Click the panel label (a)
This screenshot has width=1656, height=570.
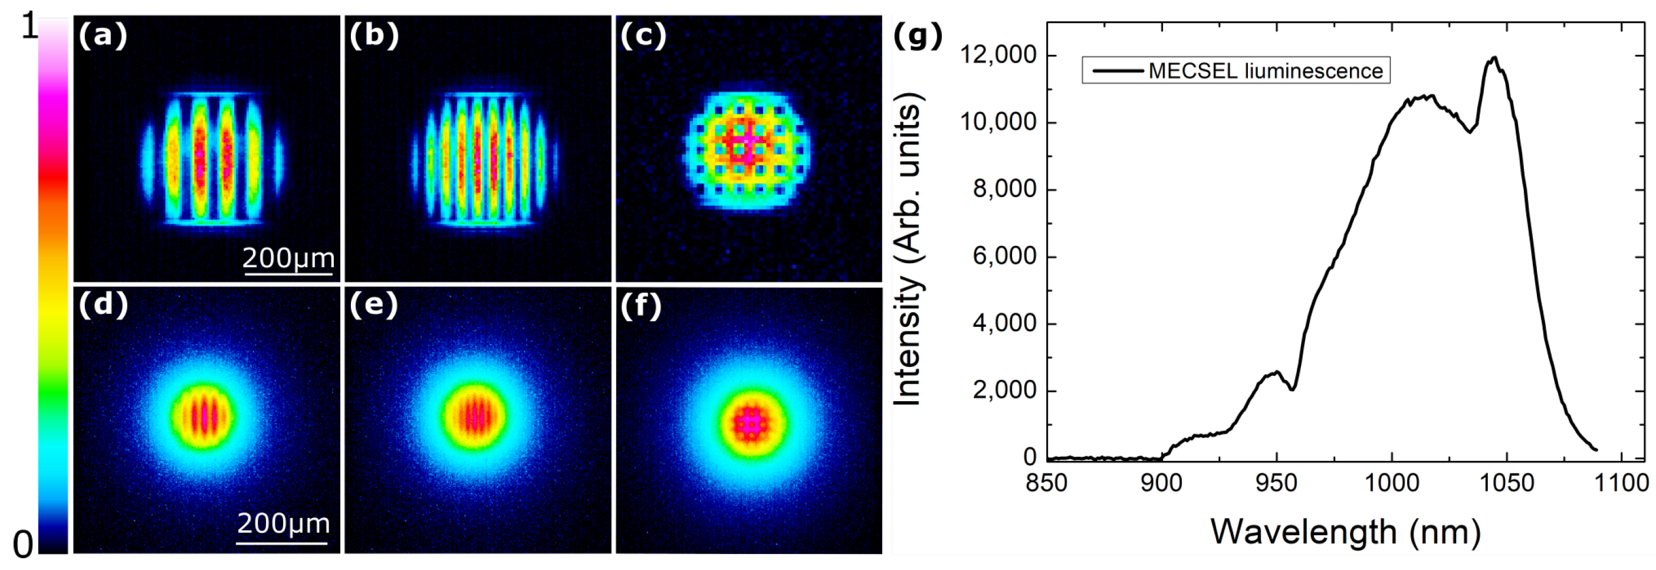point(102,35)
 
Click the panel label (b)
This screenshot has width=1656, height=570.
point(373,35)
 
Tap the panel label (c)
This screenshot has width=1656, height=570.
point(643,35)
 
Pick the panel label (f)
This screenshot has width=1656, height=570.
point(641,305)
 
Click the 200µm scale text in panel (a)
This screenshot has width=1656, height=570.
point(288,258)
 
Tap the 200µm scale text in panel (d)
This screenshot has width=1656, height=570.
point(284,523)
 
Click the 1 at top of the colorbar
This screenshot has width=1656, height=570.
point(28,27)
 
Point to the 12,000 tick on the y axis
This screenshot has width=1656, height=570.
point(998,55)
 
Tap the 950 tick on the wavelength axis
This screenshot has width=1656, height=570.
point(1276,482)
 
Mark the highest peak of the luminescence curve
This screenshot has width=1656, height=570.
point(1493,57)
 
